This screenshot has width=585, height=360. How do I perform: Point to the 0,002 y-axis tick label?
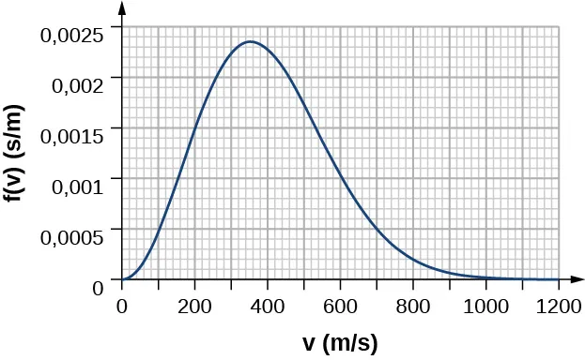(79, 85)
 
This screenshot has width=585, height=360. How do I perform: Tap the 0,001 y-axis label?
(79, 187)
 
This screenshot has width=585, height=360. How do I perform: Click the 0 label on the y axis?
(98, 287)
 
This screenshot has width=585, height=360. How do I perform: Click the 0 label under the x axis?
(121, 305)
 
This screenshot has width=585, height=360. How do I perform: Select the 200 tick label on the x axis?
(194, 305)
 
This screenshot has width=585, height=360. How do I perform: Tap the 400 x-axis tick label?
(268, 305)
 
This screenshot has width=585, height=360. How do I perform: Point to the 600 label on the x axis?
(340, 305)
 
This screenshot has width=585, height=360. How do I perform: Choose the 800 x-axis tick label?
(413, 305)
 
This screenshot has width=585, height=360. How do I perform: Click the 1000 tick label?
(485, 305)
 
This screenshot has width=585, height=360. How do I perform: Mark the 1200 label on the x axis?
(559, 305)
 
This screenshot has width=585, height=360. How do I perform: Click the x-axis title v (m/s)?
(340, 343)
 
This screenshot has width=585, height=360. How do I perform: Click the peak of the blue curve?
(250, 41)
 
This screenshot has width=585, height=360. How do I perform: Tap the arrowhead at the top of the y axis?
(122, 9)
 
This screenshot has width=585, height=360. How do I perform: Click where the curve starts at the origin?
(122, 279)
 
